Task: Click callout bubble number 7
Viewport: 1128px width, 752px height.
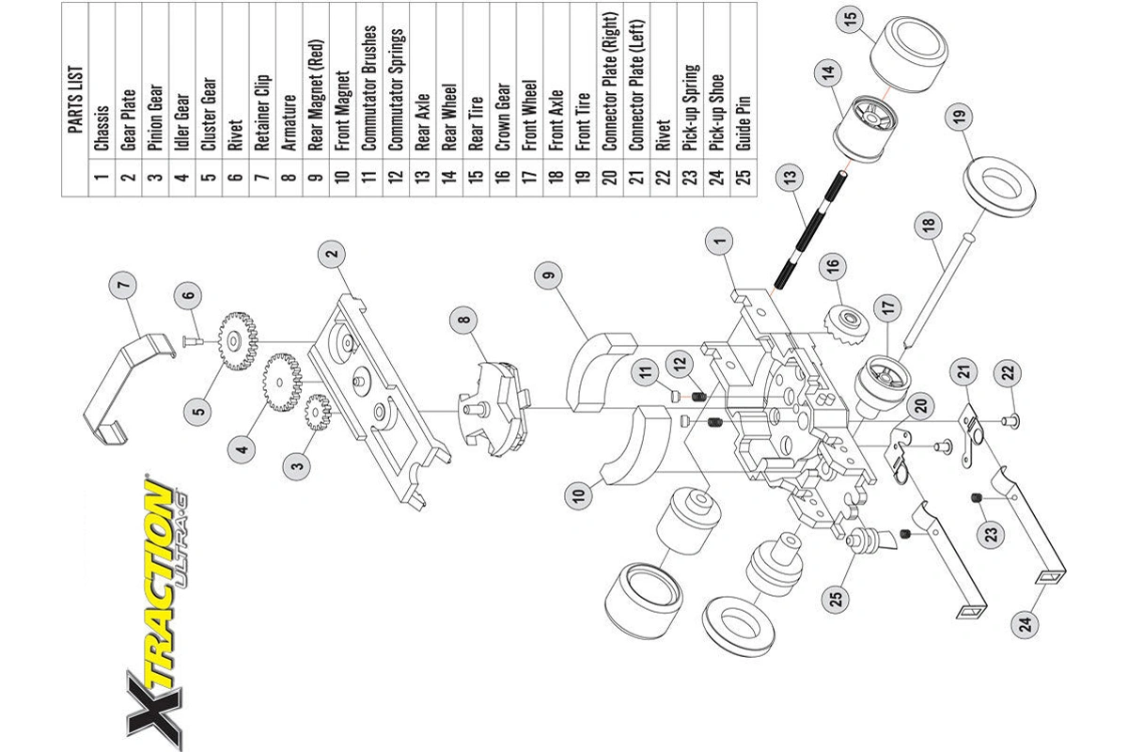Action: tap(123, 285)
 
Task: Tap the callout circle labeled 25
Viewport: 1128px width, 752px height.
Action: tap(836, 600)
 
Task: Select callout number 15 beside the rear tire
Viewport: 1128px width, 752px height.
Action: tap(850, 19)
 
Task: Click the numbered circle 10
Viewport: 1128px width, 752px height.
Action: tap(579, 494)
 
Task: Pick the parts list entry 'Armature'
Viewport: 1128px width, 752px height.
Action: tap(290, 122)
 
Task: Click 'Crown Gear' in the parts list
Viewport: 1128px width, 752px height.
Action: tap(503, 117)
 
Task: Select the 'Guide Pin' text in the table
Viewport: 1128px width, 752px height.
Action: tap(744, 123)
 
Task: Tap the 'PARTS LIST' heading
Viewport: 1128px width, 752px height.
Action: tap(75, 100)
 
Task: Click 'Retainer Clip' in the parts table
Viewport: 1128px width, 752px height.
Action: tap(262, 113)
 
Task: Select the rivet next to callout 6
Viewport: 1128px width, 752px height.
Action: tap(193, 341)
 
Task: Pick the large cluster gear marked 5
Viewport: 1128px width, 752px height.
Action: tap(238, 341)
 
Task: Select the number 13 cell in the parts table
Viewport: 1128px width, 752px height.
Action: tap(422, 177)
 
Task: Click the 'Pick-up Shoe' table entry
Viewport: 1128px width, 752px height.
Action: tap(716, 113)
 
